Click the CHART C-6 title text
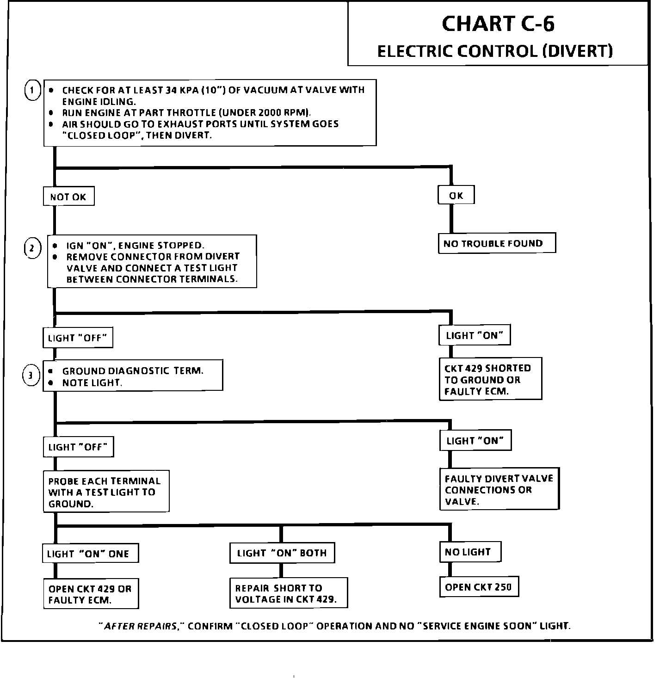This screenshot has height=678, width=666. (x=498, y=24)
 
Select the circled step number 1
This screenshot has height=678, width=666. (x=32, y=91)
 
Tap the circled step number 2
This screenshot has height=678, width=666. (x=32, y=249)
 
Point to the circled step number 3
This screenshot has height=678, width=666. (x=31, y=376)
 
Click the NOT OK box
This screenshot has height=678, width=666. (x=68, y=197)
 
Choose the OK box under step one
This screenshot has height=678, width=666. (x=456, y=196)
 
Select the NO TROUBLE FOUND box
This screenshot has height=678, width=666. (x=496, y=244)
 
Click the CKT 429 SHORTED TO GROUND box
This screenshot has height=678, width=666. (x=490, y=379)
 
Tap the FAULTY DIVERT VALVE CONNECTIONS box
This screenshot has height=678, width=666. (x=499, y=490)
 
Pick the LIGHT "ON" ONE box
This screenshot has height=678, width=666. (x=90, y=554)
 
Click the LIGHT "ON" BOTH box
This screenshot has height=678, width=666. (x=282, y=553)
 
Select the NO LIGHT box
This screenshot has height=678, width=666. (x=469, y=552)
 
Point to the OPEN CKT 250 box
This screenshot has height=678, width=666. (x=478, y=587)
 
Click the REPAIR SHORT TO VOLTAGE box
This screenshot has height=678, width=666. (x=288, y=593)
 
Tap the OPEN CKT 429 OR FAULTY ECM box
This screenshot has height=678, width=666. (x=91, y=594)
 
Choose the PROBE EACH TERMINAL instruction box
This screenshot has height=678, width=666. (x=105, y=492)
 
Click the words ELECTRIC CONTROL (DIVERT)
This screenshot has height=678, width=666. (x=495, y=51)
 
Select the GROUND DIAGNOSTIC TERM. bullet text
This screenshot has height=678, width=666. (x=133, y=371)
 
